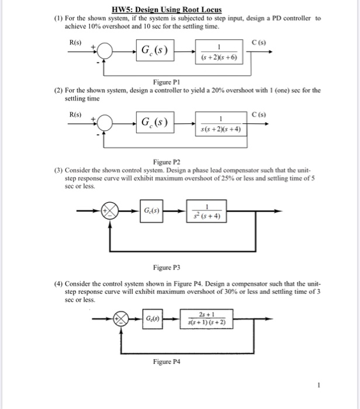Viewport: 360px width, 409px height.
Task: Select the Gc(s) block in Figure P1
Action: pyautogui.click(x=154, y=50)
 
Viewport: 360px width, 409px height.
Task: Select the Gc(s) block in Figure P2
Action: pyautogui.click(x=154, y=123)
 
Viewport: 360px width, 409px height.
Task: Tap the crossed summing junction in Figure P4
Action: pyautogui.click(x=122, y=319)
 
